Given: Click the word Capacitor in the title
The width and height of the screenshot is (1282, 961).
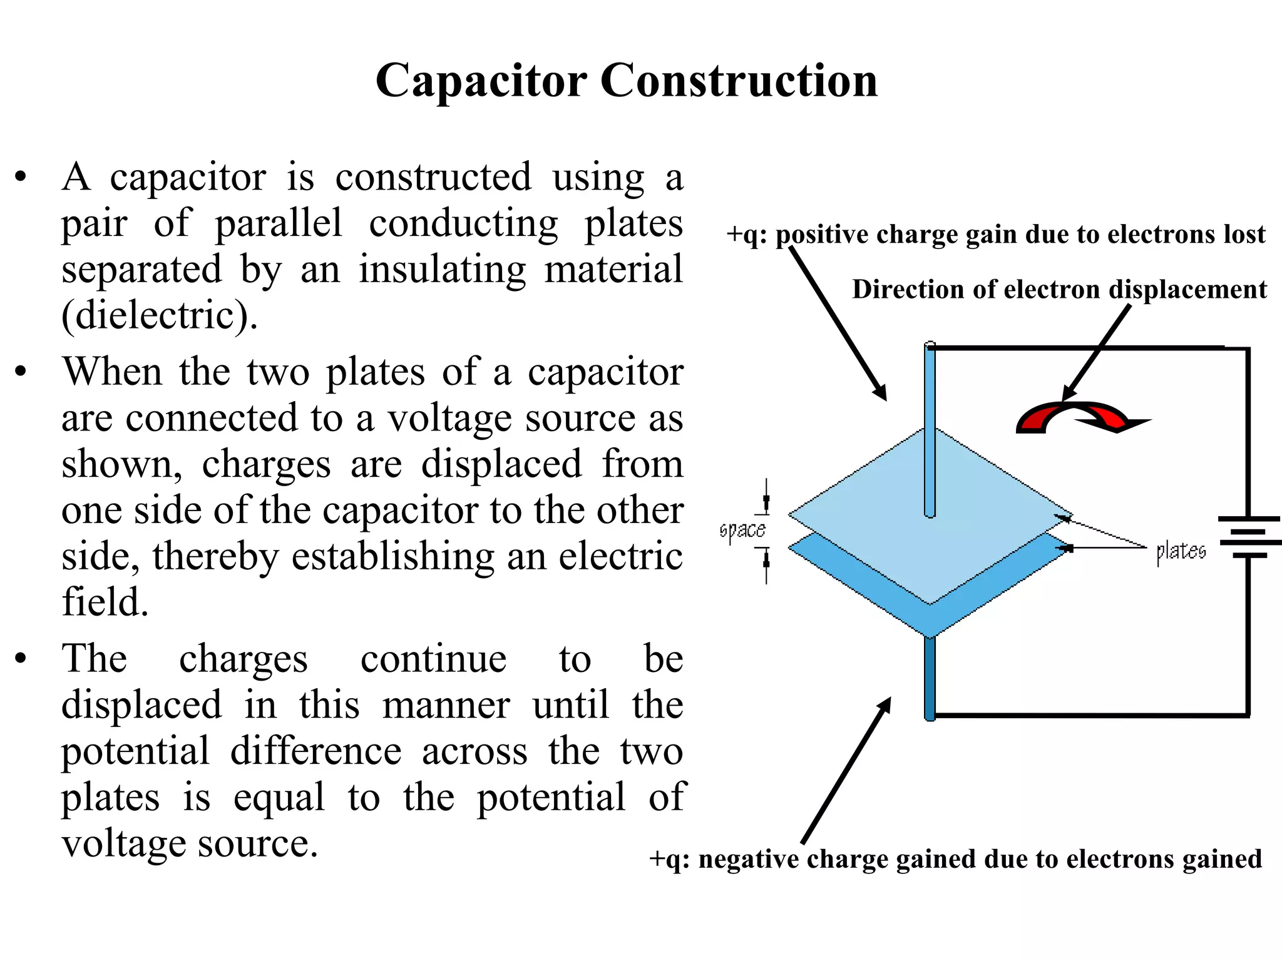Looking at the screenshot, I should (481, 81).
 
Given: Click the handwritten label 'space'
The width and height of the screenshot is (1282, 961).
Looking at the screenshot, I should (742, 531).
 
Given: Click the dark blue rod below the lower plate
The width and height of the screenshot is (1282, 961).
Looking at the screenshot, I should (930, 679).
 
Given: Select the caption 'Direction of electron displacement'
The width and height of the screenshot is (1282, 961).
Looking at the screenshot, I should (1059, 290).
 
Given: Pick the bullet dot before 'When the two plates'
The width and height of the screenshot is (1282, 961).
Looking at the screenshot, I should (21, 372).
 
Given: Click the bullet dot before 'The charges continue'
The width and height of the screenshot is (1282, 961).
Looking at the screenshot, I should (21, 659).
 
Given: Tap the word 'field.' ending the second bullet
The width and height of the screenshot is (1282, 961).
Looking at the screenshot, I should (105, 602).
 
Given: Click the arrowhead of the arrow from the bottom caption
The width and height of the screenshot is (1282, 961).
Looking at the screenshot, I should (885, 704).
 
